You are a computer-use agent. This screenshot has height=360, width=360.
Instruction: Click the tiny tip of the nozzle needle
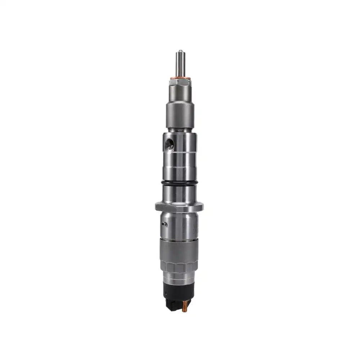179,51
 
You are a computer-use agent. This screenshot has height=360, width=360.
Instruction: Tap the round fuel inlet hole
169,144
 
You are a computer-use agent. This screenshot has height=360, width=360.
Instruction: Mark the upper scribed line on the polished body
180,153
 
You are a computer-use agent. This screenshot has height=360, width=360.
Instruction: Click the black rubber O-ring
180,184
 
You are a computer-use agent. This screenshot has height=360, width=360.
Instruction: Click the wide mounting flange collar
179,207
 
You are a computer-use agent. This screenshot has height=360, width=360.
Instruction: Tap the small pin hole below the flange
165,224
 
